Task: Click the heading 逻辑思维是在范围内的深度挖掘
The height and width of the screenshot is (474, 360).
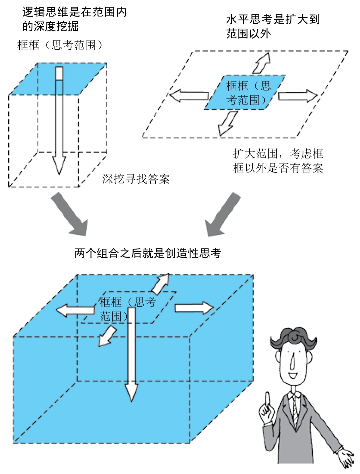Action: [74, 19]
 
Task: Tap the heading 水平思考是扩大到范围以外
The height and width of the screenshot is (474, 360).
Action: [273, 26]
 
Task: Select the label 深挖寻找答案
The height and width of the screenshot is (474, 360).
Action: [136, 179]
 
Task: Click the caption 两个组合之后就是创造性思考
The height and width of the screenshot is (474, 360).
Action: [148, 253]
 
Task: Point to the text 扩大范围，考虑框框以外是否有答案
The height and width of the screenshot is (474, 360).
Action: [278, 161]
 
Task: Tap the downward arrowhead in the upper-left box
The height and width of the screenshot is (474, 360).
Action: [59, 165]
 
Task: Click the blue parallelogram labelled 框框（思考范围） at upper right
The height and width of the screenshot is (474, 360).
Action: [245, 93]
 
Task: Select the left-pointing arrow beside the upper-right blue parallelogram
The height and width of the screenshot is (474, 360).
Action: [188, 96]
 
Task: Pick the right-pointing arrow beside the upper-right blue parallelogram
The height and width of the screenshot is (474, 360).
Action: [298, 96]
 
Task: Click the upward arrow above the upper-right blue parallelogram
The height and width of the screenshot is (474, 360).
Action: [262, 63]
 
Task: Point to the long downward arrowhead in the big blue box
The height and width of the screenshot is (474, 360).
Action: [132, 392]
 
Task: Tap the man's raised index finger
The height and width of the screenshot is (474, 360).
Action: [267, 398]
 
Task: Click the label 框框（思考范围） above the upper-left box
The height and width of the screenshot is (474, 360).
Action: [60, 45]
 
